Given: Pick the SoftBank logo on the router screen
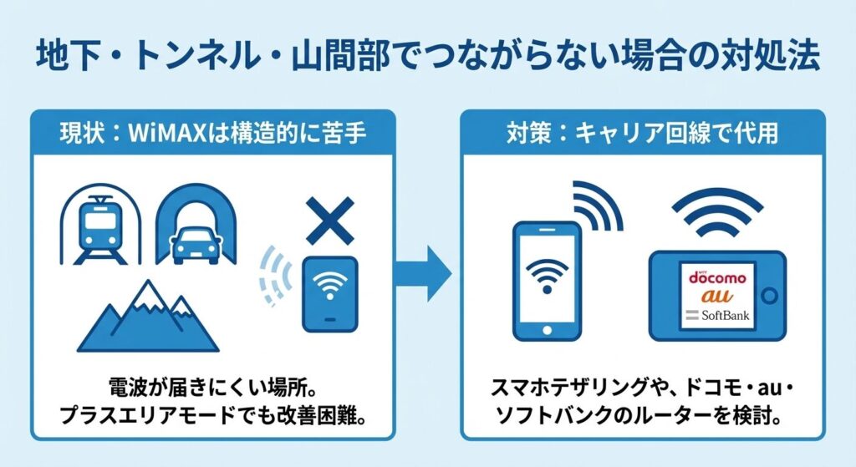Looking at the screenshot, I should coord(717,316).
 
